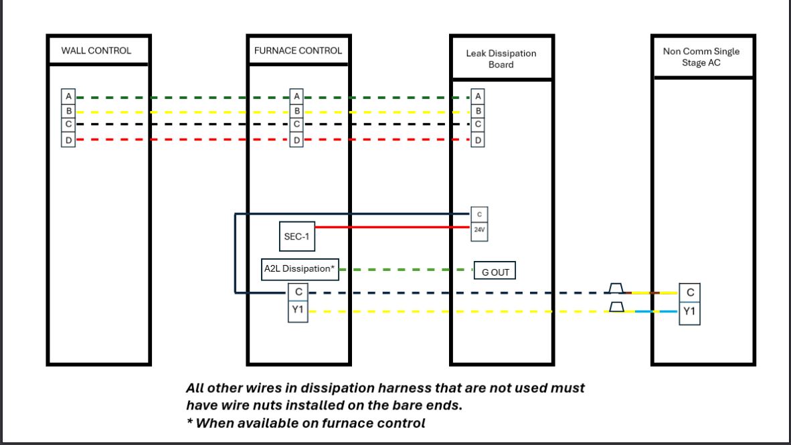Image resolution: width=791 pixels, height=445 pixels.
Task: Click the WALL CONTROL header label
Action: pyautogui.click(x=96, y=51)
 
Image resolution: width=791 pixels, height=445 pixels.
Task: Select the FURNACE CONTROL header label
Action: pyautogui.click(x=298, y=51)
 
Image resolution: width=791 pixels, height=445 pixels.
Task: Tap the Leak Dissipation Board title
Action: pyautogui.click(x=501, y=59)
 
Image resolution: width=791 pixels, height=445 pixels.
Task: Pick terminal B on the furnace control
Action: pyautogui.click(x=297, y=111)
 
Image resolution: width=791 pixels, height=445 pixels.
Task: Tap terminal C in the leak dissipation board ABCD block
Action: pyautogui.click(x=478, y=125)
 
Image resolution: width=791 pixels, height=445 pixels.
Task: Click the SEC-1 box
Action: pyautogui.click(x=296, y=237)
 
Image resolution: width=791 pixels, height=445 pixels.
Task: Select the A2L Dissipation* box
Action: pyautogui.click(x=299, y=269)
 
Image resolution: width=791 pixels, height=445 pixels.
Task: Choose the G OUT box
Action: pyautogui.click(x=495, y=272)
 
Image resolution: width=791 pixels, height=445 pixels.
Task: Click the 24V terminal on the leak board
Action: pyautogui.click(x=478, y=229)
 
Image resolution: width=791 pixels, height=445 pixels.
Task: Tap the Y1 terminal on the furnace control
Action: pyautogui.click(x=298, y=310)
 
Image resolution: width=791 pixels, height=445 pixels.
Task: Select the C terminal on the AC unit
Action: pyautogui.click(x=690, y=292)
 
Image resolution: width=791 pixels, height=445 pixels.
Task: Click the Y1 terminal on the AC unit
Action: pyautogui.click(x=690, y=311)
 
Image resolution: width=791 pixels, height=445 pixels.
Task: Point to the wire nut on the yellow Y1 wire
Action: pyautogui.click(x=616, y=308)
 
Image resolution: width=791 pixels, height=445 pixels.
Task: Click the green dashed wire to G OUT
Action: pyautogui.click(x=405, y=270)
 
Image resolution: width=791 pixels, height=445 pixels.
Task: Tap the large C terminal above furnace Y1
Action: pyautogui.click(x=298, y=292)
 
